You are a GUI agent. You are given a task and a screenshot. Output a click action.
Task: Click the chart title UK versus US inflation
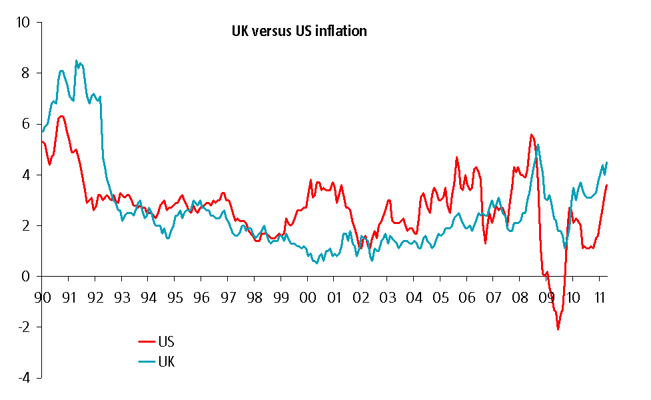[x=299, y=31]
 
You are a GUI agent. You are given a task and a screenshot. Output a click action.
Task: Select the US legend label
[x=167, y=342]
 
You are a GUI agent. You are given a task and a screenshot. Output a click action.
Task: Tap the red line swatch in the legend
[x=147, y=342]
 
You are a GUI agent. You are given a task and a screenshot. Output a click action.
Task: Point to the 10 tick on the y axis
[x=24, y=23]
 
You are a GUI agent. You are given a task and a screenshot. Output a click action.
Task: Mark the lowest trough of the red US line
[x=558, y=329]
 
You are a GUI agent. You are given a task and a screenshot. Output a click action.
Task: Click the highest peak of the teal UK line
[x=76, y=61]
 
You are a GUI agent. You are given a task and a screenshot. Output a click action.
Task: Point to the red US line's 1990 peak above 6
[x=61, y=116]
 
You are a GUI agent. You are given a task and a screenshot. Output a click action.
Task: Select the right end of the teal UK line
[x=607, y=163]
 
